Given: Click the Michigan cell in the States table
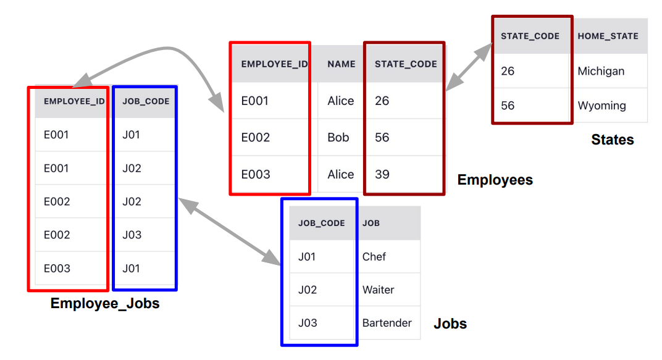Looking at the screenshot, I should tap(601, 71).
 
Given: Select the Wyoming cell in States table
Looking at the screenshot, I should tap(601, 106).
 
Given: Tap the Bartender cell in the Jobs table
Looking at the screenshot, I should tap(387, 323).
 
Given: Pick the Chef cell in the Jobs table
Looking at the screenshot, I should tap(374, 256).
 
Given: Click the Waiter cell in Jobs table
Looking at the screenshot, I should tap(378, 290).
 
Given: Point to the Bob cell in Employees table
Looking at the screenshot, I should tap(338, 137).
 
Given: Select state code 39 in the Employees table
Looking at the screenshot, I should tap(382, 174).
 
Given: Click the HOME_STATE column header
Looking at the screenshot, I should tap(608, 36).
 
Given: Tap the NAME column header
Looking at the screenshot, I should tap(341, 64).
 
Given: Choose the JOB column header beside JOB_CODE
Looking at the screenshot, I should tap(371, 223).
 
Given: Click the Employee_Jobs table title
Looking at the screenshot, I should tap(105, 303).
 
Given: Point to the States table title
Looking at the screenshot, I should tap(613, 140).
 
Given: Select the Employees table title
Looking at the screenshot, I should tap(495, 180).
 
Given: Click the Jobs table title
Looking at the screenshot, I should tap(450, 324).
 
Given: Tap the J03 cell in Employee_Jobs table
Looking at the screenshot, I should tap(132, 235).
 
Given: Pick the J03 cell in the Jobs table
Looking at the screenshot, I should tap(307, 323).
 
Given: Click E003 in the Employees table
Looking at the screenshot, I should tap(256, 174).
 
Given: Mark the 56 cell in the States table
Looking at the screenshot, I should tap(508, 106).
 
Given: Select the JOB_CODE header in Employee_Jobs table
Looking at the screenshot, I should tap(146, 101).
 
